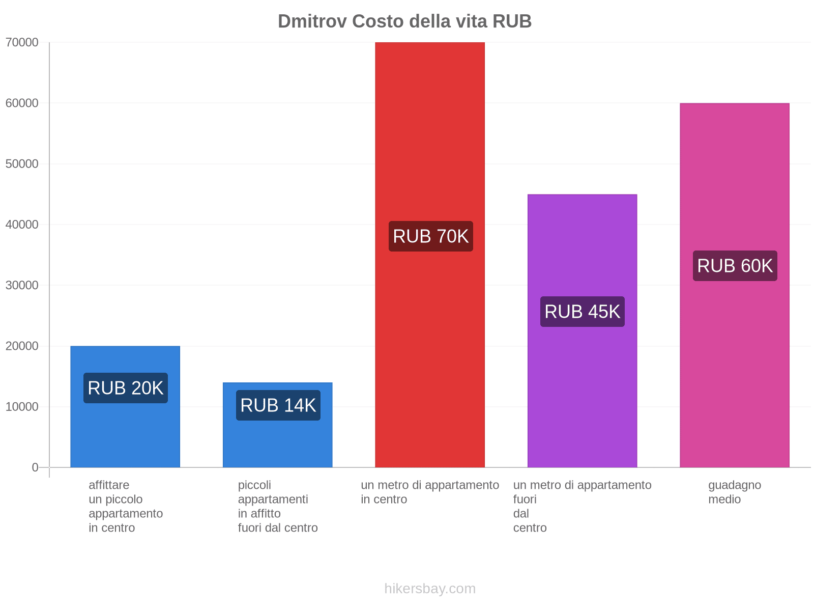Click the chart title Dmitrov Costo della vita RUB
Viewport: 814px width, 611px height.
[404, 21]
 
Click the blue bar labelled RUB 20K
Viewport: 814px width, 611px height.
[125, 433]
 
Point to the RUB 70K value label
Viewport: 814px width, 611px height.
[430, 236]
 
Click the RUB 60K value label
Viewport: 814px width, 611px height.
[735, 266]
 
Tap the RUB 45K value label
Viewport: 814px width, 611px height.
[582, 312]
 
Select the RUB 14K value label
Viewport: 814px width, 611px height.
[278, 405]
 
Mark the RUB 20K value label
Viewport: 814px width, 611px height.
[125, 388]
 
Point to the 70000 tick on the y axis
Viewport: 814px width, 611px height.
[22, 42]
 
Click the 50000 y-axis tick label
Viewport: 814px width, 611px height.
[22, 164]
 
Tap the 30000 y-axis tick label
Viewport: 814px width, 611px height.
[22, 285]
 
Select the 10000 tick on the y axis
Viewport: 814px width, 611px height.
[22, 407]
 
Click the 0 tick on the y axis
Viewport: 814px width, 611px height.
[35, 467]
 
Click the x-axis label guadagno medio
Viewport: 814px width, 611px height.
[734, 492]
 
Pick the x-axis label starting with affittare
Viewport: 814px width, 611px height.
[125, 506]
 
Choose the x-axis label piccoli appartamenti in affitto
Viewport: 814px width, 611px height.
[278, 506]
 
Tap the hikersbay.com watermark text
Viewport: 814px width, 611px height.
[430, 589]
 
